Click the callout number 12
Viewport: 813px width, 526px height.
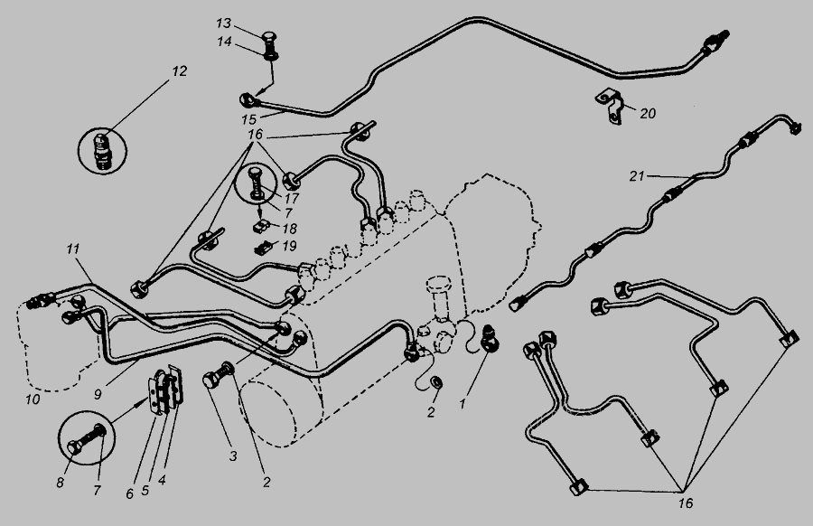click(x=179, y=71)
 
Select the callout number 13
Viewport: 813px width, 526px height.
click(x=223, y=23)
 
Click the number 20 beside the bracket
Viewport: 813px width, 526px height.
click(x=648, y=113)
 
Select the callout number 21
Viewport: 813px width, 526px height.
click(x=636, y=176)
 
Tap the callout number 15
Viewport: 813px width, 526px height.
click(x=248, y=120)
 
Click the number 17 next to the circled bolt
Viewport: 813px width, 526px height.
click(x=292, y=198)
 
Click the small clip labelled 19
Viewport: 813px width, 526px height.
click(x=262, y=249)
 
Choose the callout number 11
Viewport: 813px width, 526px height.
click(x=72, y=249)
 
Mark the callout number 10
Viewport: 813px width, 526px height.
click(x=33, y=399)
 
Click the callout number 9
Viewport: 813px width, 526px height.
click(x=98, y=394)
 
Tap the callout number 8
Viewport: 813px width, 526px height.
click(x=61, y=483)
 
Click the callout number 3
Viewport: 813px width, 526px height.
click(x=233, y=456)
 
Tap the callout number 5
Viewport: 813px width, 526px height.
click(x=145, y=490)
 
